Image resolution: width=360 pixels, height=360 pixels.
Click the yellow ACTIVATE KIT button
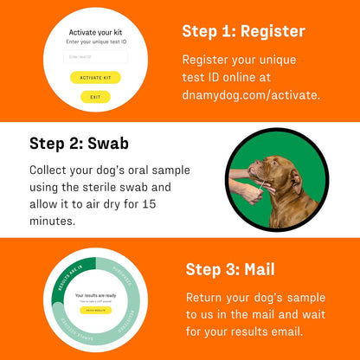coord(95,77)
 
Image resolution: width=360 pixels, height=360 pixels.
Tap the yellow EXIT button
coord(95,97)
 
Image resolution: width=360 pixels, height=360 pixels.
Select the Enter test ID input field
coord(95,57)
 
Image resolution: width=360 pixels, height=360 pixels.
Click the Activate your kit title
coord(95,32)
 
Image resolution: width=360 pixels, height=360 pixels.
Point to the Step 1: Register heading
coord(243,32)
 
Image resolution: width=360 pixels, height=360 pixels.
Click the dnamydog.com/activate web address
coord(250,94)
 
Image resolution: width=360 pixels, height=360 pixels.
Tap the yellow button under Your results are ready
coord(96,309)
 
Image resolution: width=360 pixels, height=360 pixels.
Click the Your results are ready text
coord(96,295)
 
